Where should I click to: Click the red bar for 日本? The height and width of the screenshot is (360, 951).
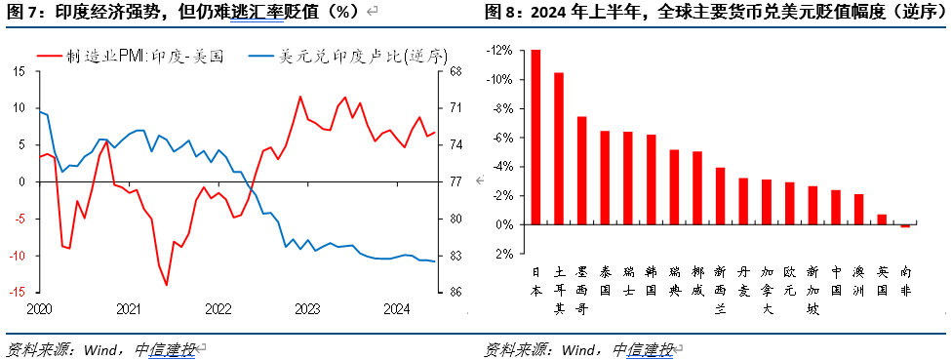click(x=535, y=137)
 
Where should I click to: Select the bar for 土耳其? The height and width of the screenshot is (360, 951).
click(x=559, y=148)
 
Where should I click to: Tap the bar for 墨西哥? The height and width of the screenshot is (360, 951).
click(x=582, y=171)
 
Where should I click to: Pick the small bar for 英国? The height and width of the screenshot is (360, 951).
click(x=882, y=220)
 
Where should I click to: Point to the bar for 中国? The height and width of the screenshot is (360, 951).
click(x=836, y=207)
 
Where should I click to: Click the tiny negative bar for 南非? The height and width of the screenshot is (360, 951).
click(x=905, y=226)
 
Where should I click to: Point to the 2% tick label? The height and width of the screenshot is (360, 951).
click(x=504, y=254)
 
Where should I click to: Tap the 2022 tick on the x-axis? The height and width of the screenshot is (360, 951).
click(x=218, y=308)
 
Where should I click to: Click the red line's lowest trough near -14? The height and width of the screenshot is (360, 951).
click(x=166, y=285)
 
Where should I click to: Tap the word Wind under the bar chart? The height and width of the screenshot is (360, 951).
click(x=580, y=349)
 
